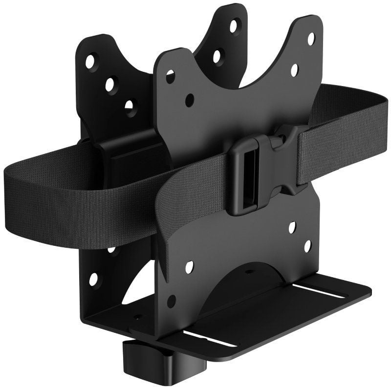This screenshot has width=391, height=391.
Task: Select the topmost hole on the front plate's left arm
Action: [x=171, y=76]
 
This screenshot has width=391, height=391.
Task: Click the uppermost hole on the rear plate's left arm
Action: [x=90, y=62]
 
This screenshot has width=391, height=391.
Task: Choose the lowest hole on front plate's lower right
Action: [x=307, y=246]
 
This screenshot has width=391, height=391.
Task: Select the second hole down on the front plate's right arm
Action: [x=295, y=70]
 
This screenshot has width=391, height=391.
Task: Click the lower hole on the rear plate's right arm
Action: [x=217, y=56]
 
